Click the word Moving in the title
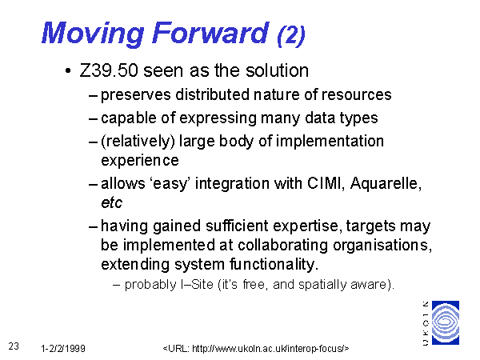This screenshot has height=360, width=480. point(93,34)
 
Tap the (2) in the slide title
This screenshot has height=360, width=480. point(291,35)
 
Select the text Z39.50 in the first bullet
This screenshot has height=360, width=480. point(109,70)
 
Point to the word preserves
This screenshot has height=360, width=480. point(136,95)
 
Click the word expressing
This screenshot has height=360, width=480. point(218,118)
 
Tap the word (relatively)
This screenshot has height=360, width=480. point(138,142)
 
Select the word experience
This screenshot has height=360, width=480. point(140,161)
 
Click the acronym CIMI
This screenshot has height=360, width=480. point(326,183)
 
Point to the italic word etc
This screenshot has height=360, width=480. point(112,203)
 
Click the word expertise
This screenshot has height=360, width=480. point(307,226)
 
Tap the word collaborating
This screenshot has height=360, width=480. point(282,246)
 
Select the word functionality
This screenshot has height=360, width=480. point(274,265)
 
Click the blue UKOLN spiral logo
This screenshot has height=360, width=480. point(446,322)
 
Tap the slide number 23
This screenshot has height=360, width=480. point(14,346)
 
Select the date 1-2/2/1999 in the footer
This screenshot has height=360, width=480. point(63,348)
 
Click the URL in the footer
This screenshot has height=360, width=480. point(256,348)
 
